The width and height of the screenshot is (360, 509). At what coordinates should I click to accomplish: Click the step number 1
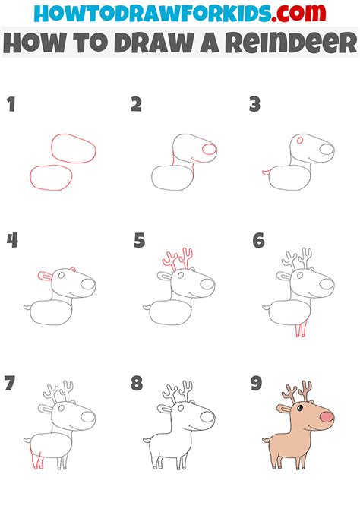pyautogui.click(x=11, y=105)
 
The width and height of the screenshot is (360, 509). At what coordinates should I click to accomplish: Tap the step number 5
pyautogui.click(x=139, y=241)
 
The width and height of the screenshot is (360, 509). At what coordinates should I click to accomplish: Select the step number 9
pyautogui.click(x=257, y=384)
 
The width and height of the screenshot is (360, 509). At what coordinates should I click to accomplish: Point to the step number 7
pyautogui.click(x=11, y=384)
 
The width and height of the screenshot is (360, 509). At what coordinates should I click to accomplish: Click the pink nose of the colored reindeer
pyautogui.click(x=325, y=418)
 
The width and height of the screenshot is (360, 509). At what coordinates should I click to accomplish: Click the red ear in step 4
pyautogui.click(x=45, y=275)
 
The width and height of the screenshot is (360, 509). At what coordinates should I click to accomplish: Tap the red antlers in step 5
pyautogui.click(x=175, y=261)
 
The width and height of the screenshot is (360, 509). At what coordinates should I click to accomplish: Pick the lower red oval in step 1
pyautogui.click(x=52, y=177)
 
